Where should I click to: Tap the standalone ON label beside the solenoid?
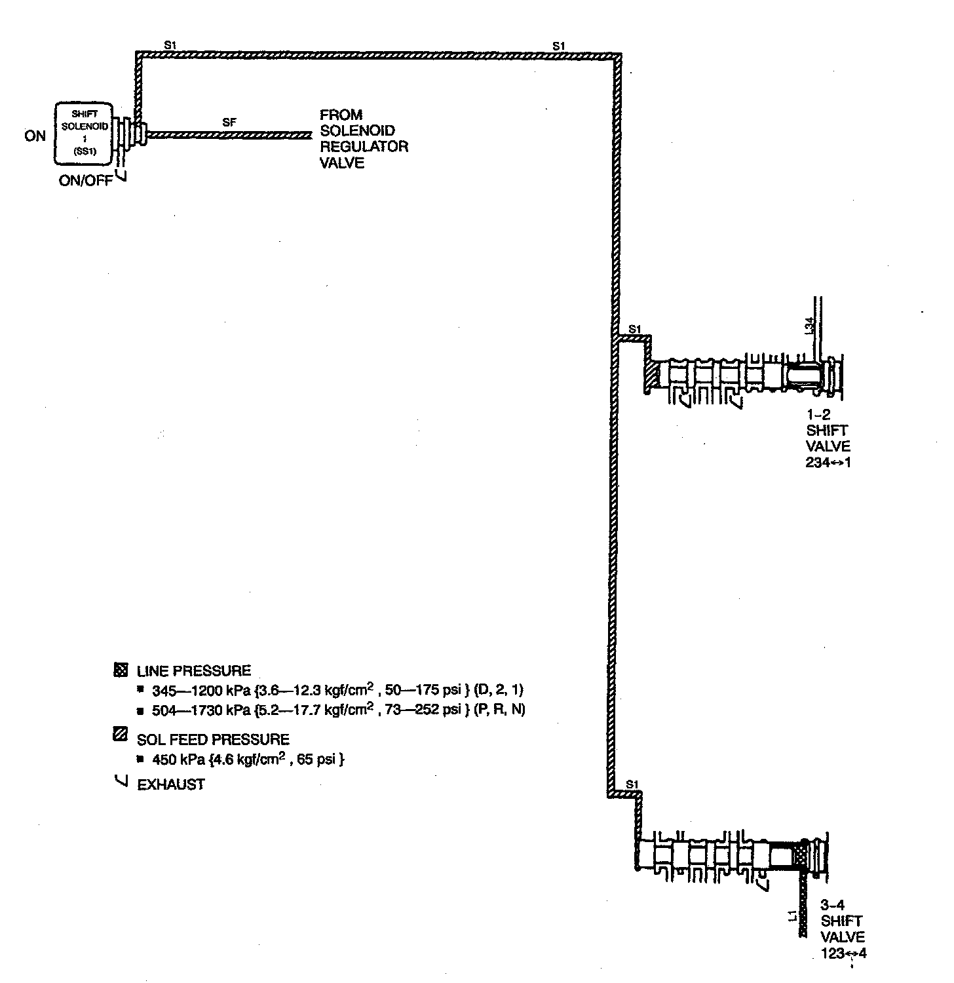click(35, 136)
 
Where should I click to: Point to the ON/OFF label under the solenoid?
click(85, 181)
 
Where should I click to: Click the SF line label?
click(229, 122)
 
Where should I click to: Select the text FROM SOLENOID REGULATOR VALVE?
click(364, 139)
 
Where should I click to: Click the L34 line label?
click(809, 326)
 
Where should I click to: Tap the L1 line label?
click(792, 916)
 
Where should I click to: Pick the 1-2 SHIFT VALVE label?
click(828, 438)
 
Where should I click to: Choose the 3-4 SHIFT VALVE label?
click(843, 929)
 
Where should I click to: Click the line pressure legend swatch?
click(121, 670)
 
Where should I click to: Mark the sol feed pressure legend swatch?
click(121, 735)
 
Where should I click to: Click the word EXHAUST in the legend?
click(171, 784)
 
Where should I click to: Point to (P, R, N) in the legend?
click(499, 710)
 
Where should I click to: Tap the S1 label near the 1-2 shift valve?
click(634, 328)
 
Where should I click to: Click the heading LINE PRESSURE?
click(194, 671)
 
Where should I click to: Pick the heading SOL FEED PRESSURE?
click(213, 740)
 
